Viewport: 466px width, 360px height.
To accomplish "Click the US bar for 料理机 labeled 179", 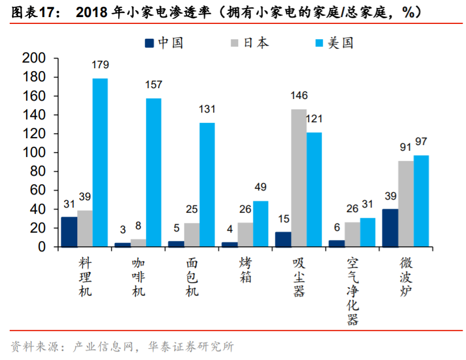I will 100,163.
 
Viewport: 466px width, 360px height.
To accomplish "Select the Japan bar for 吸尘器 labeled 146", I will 298,178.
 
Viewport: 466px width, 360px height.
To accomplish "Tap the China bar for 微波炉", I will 390,228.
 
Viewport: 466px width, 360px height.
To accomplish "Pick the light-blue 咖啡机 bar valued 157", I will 153,173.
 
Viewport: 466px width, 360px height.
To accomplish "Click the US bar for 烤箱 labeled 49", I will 261,224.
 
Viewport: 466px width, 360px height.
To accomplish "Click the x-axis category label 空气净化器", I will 353,291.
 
